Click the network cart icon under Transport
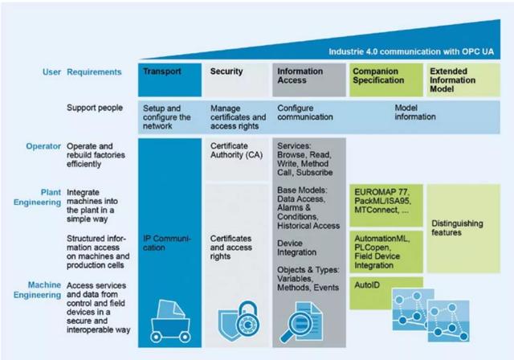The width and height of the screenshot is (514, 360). click(169, 314)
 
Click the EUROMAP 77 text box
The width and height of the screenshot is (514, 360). click(384, 201)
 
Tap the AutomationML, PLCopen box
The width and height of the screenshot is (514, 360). click(384, 251)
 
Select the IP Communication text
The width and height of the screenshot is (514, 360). click(166, 243)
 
